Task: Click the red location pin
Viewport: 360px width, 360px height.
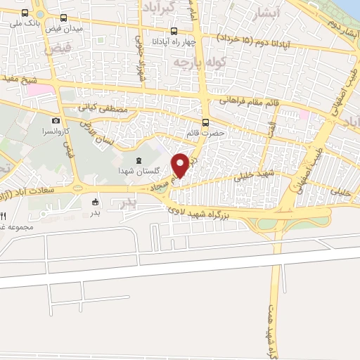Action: tap(180, 165)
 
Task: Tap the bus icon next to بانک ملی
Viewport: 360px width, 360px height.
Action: tap(26, 13)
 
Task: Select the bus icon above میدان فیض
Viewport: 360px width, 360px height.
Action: tap(64, 18)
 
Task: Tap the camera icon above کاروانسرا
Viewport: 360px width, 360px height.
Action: tap(56, 121)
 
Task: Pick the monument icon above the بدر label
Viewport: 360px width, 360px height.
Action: tap(95, 203)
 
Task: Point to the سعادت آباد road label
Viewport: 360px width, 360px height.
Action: tap(32, 189)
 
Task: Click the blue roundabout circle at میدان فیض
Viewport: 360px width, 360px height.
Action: tap(77, 188)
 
